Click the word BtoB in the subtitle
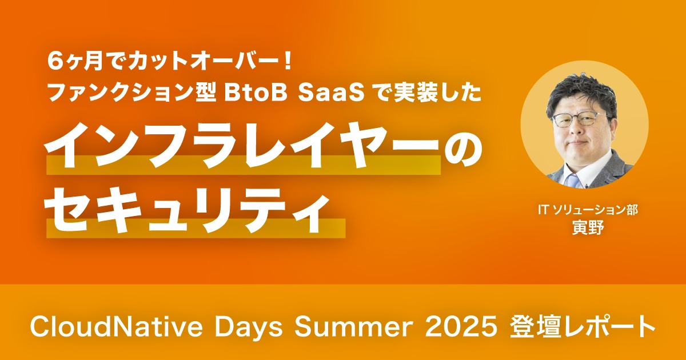coord(254,93)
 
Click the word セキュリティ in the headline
coord(186,211)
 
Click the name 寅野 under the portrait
coord(588,228)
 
